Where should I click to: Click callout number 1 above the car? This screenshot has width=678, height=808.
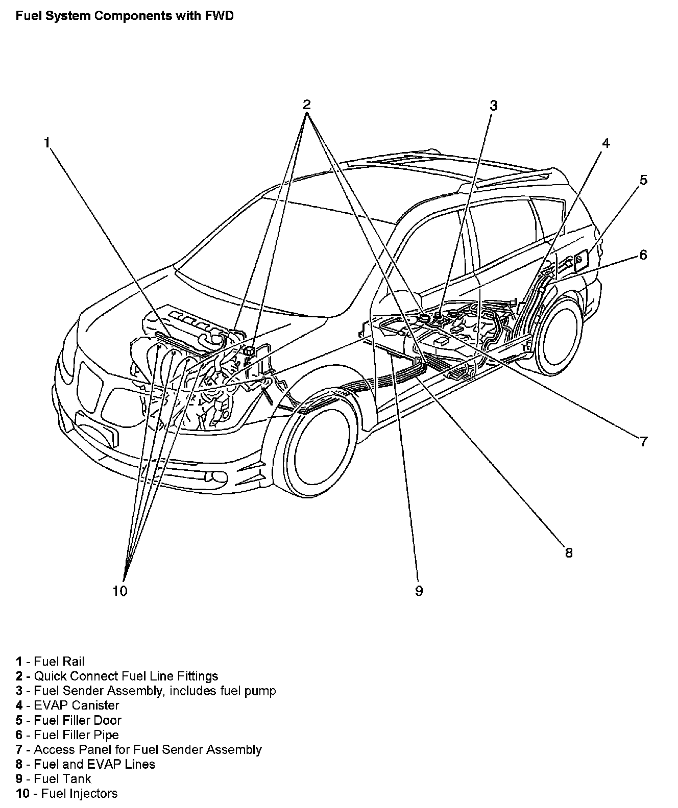pos(47,142)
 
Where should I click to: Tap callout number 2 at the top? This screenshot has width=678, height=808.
pos(306,105)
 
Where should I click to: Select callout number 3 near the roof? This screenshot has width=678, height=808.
pos(493,106)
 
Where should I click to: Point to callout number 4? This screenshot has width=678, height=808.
pos(606,143)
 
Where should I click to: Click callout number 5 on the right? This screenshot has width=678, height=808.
pos(643,180)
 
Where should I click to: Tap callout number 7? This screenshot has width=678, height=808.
pos(643,441)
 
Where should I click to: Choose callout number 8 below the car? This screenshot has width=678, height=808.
pos(569,552)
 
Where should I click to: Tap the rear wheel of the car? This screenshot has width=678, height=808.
pos(561,337)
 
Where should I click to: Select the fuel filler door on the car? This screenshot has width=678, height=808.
pos(580,261)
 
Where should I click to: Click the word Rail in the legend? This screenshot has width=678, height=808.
pos(73,662)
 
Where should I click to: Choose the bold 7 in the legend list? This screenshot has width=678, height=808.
pos(19,749)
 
